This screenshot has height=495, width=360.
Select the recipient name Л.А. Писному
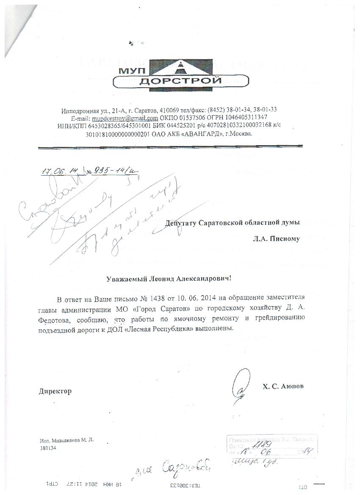(276, 239)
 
